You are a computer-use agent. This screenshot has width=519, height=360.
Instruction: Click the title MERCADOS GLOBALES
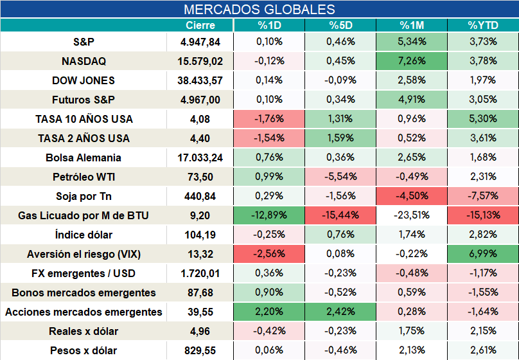click(259, 9)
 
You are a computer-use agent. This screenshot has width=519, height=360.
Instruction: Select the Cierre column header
click(200, 25)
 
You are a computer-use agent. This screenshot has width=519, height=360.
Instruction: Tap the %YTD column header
click(483, 25)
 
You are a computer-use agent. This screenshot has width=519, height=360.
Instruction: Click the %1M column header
click(412, 25)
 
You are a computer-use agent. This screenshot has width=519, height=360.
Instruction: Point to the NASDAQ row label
click(84, 61)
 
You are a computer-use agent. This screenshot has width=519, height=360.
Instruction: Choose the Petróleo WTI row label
click(84, 177)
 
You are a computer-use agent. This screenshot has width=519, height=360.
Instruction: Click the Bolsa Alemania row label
click(84, 157)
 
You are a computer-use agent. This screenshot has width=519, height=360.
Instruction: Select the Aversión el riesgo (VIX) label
click(84, 254)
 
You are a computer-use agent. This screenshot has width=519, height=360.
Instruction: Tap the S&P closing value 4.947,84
click(200, 42)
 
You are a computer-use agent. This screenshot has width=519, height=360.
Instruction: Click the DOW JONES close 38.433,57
click(200, 80)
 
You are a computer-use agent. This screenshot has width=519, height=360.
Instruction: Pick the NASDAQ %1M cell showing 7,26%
click(412, 61)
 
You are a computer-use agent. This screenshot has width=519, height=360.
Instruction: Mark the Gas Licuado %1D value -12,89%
click(269, 215)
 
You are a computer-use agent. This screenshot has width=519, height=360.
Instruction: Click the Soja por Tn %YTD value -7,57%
click(483, 195)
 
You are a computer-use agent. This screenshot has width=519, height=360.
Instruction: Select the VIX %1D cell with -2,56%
click(269, 254)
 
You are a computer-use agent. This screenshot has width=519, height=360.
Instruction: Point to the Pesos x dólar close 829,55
click(200, 350)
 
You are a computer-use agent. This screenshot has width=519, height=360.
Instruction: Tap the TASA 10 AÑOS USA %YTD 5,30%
click(483, 118)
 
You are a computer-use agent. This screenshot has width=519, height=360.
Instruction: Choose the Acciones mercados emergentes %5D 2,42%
click(340, 312)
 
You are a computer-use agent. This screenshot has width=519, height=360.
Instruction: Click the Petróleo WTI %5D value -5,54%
click(340, 177)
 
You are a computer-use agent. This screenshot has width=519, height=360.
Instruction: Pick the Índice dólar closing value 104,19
click(200, 235)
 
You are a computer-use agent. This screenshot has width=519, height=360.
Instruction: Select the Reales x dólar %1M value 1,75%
click(412, 331)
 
